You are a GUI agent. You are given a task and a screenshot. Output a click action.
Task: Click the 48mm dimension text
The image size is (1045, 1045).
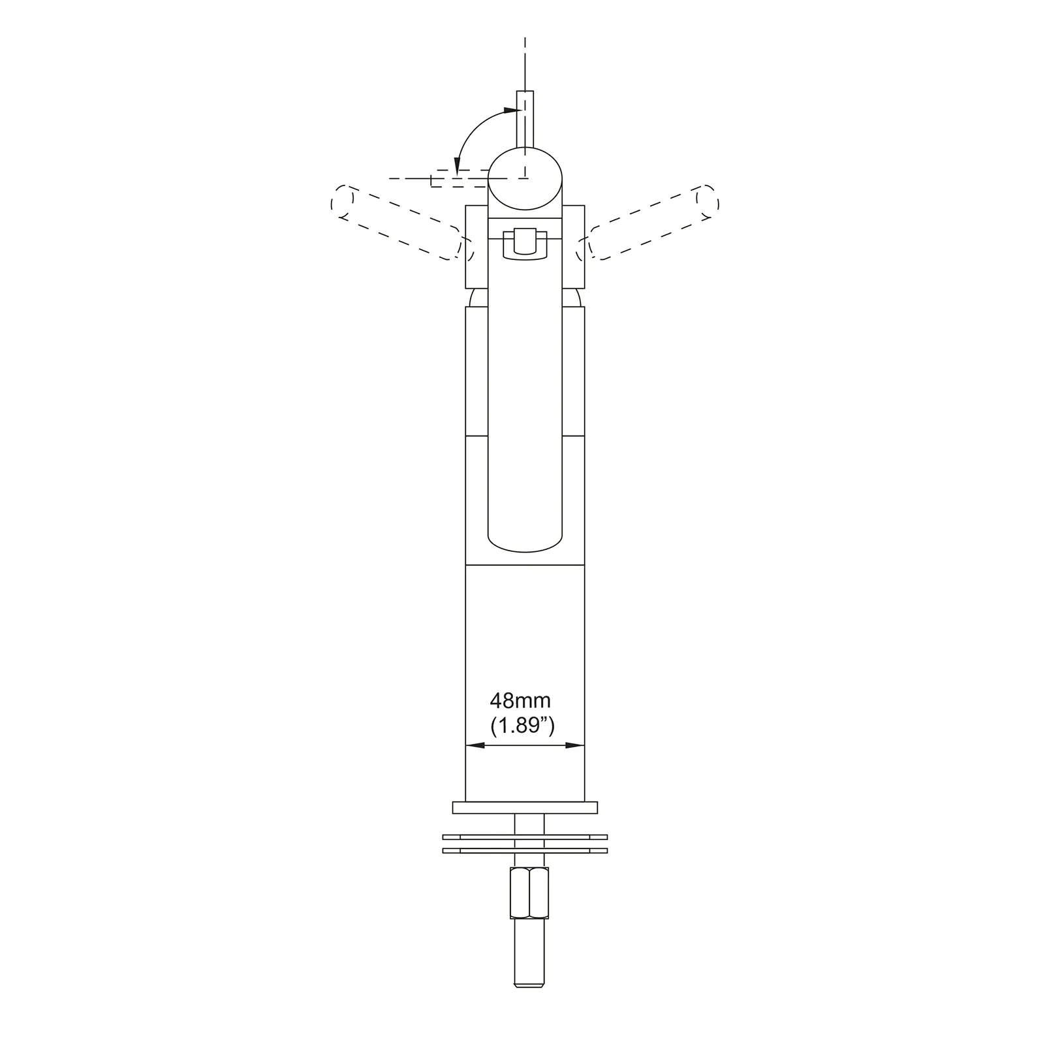[x=520, y=701]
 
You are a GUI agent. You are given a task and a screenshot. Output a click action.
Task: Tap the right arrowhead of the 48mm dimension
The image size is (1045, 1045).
[x=575, y=745]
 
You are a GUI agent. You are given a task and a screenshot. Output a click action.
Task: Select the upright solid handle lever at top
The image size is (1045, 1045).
[x=525, y=121]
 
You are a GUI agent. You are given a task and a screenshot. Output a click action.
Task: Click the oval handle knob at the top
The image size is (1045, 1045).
[x=525, y=179]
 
